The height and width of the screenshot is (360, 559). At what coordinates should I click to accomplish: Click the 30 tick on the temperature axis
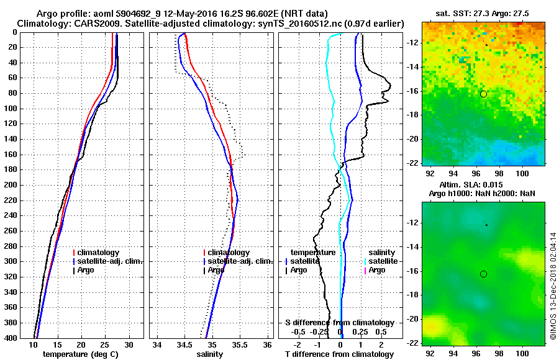[x=129, y=345]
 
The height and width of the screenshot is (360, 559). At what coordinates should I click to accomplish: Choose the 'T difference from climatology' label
[x=339, y=354]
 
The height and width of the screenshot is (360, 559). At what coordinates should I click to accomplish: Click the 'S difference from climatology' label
[x=339, y=323]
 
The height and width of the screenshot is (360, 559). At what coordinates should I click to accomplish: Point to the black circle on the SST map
[x=483, y=94]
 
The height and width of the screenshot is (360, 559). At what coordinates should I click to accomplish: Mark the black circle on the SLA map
[x=483, y=274]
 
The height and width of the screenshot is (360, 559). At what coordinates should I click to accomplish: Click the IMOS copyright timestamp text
[x=553, y=286]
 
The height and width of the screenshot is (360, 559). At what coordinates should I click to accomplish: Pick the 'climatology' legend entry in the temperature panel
[x=98, y=253]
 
